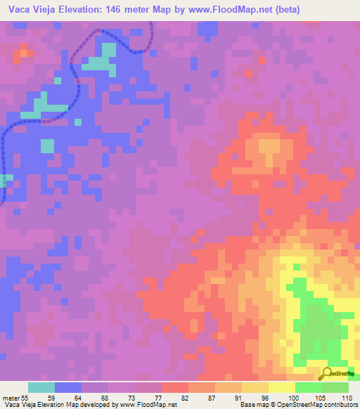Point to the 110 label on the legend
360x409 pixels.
point(346,398)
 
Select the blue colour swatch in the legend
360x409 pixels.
point(67,387)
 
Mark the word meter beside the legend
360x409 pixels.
point(11,398)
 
